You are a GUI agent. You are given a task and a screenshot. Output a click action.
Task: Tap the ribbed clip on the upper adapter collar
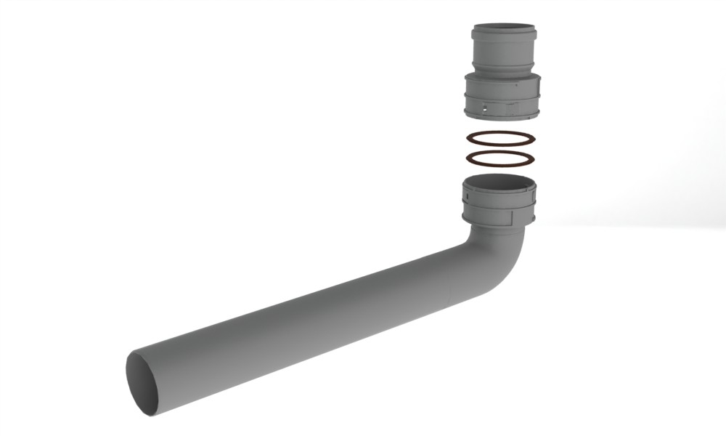coord(517,109)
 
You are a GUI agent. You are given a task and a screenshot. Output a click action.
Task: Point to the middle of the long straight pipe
coord(305,320)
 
